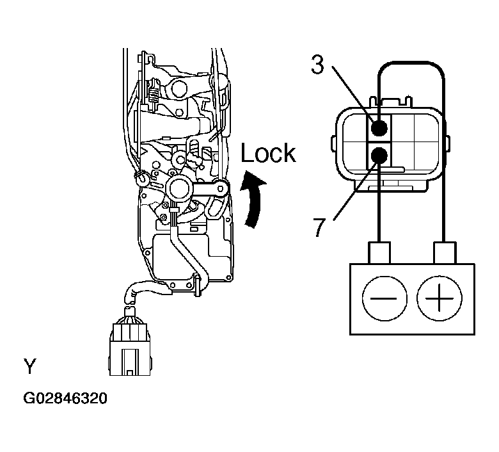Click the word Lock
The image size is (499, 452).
pos(268,153)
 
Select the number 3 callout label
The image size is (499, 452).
pos(317,65)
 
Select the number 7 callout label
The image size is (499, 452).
pos(320,227)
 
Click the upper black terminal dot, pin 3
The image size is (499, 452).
pos(379,128)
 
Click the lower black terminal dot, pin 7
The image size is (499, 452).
pos(379,156)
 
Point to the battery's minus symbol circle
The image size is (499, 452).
pos(384,298)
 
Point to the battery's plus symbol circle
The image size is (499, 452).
pos(439,298)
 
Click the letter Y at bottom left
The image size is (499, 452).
pos(30,366)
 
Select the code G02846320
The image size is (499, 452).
pos(65,398)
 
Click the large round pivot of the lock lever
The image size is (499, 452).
pos(179,189)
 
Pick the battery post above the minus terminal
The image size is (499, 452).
pos(379,253)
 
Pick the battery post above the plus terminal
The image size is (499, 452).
pos(445,253)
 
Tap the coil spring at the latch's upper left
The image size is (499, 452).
pos(154,94)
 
